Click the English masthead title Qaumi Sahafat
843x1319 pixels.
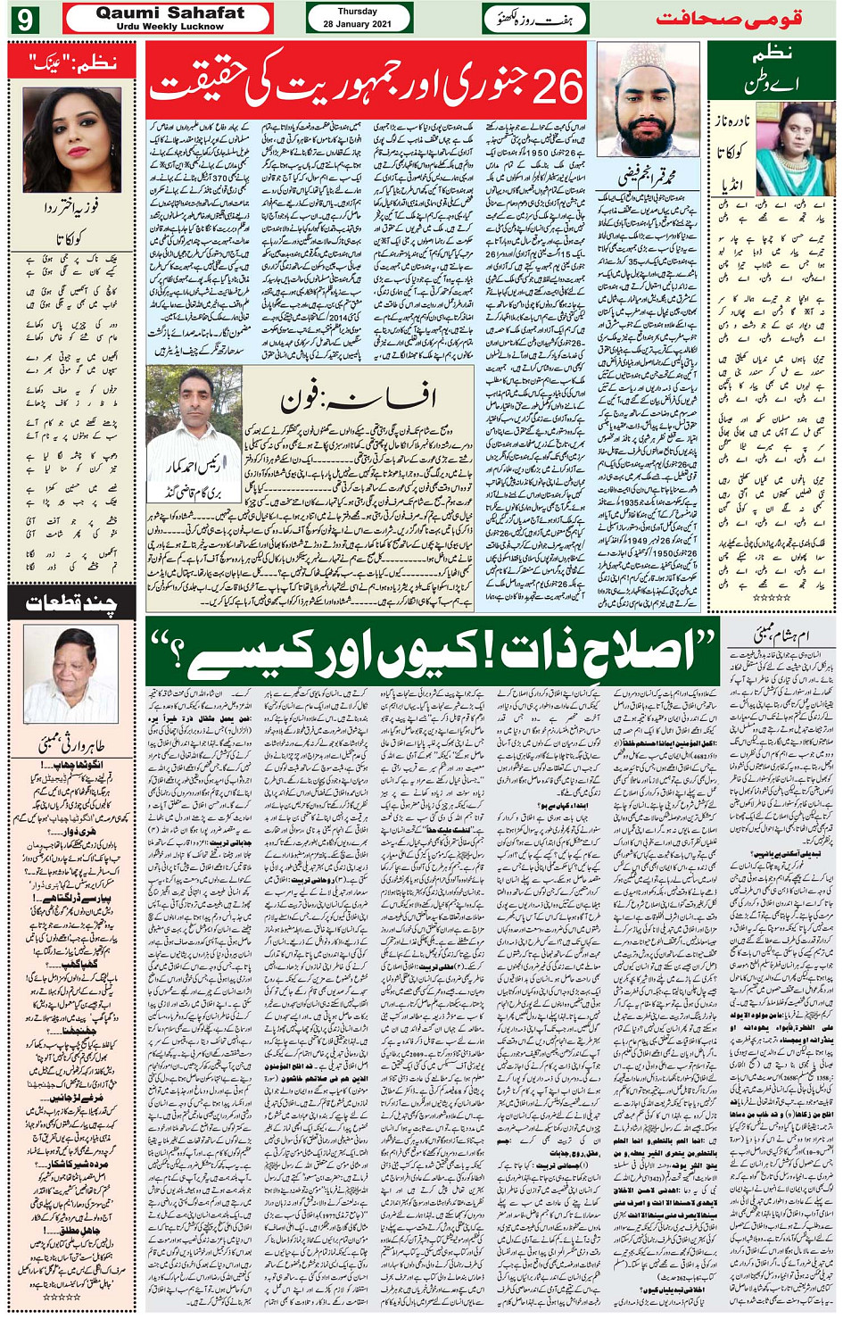click(x=169, y=12)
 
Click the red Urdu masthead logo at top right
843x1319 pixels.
click(x=729, y=18)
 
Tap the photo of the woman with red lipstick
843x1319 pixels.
click(x=71, y=140)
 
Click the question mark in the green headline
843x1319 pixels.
click(x=169, y=651)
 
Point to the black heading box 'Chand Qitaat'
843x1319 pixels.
click(x=71, y=604)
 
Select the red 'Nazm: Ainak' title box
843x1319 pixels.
click(x=71, y=62)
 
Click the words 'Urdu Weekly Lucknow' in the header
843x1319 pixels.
click(x=169, y=26)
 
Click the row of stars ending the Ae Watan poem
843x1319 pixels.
click(x=772, y=597)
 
